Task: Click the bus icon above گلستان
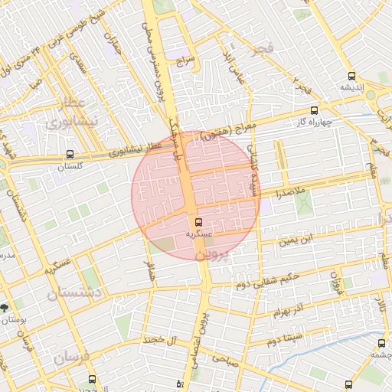click(70, 154)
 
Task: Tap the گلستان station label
click(70, 166)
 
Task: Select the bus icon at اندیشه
click(351, 76)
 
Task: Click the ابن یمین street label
click(296, 241)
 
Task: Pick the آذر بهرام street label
click(290, 311)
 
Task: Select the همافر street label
click(151, 273)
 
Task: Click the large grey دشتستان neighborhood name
click(74, 292)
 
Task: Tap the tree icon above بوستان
click(6, 306)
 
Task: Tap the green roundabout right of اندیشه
click(371, 95)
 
